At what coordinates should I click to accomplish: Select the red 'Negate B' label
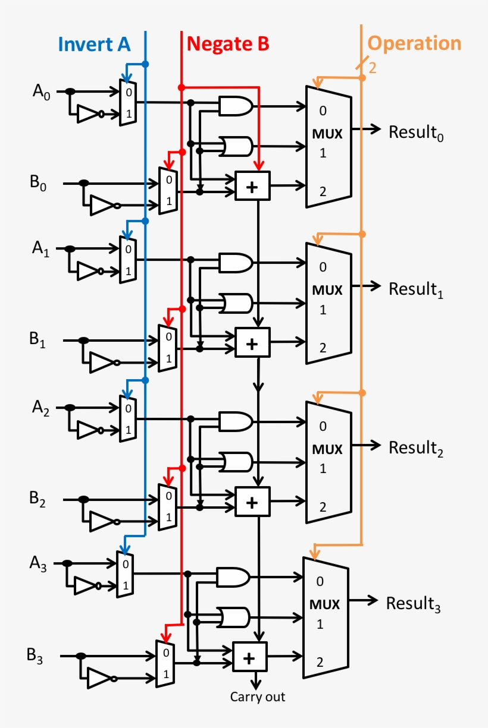(x=228, y=44)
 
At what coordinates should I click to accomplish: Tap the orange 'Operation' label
(x=414, y=43)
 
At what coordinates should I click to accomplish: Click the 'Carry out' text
(x=258, y=697)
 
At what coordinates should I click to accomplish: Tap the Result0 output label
(x=417, y=133)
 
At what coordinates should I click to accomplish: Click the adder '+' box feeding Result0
(x=252, y=186)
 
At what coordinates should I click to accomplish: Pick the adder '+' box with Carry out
(x=250, y=657)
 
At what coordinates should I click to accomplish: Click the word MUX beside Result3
(x=325, y=605)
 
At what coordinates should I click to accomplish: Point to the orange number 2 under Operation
(x=373, y=68)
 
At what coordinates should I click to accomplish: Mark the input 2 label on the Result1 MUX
(x=323, y=348)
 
